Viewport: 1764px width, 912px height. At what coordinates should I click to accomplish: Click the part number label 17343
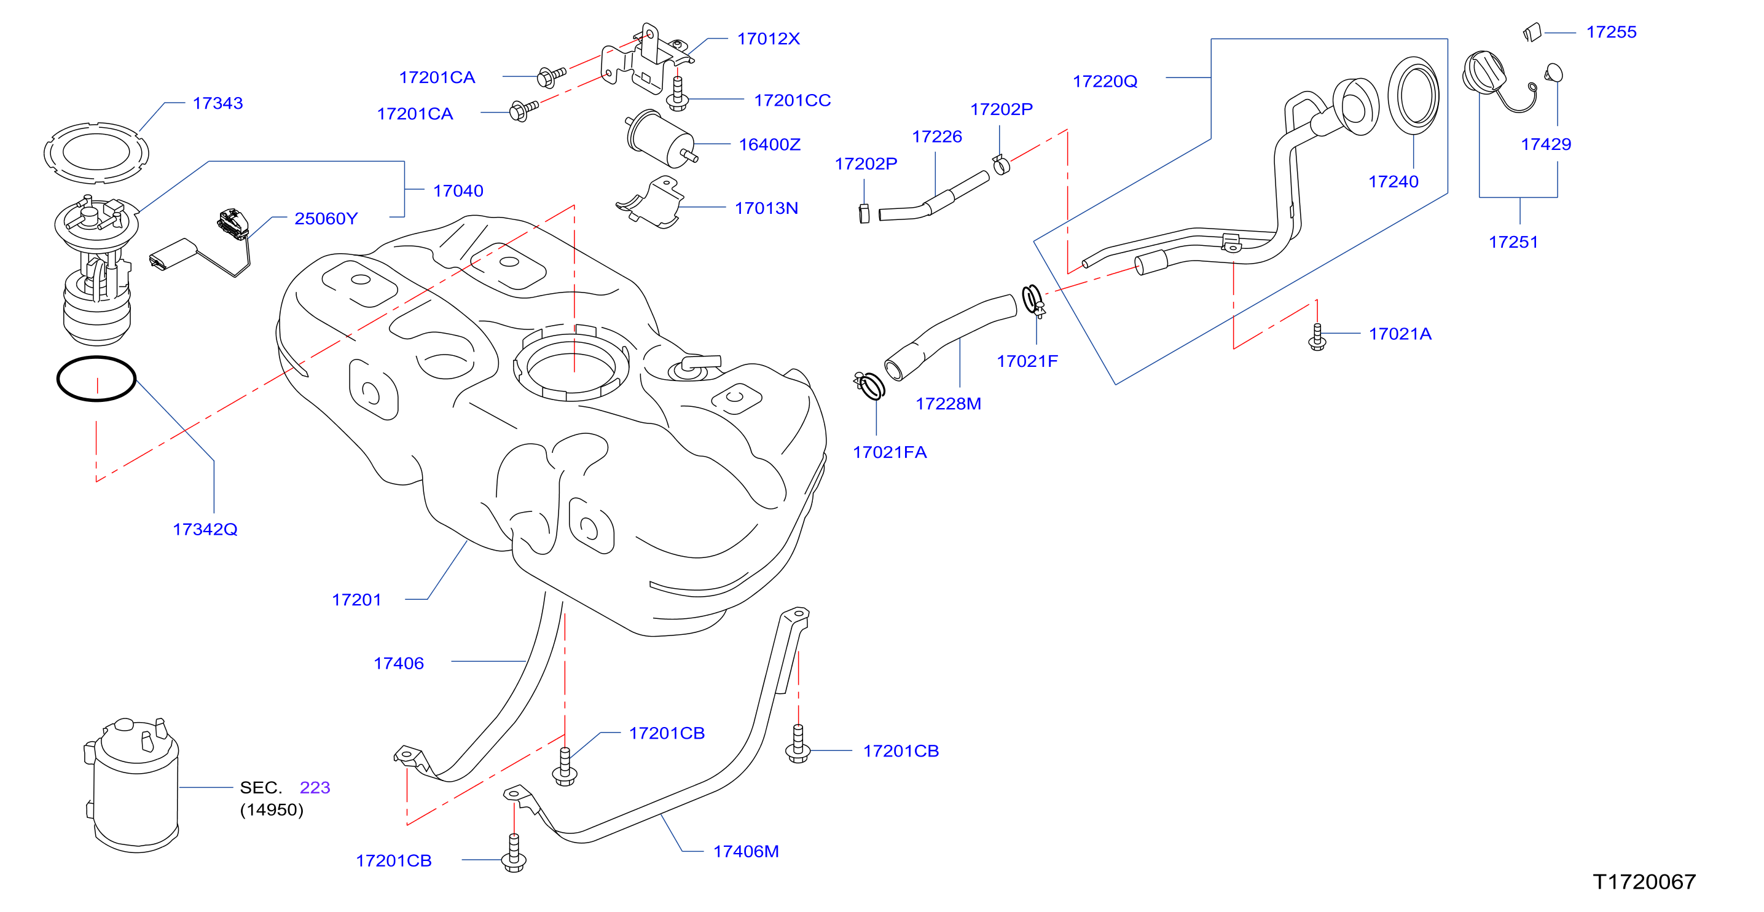click(218, 103)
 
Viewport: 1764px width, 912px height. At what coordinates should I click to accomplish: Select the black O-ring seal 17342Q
click(96, 358)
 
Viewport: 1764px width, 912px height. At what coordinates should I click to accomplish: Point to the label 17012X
click(768, 39)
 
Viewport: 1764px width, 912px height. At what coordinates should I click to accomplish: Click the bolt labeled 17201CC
click(677, 94)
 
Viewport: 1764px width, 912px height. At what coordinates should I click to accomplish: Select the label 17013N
click(766, 208)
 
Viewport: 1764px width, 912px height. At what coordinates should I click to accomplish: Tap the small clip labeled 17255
click(1532, 32)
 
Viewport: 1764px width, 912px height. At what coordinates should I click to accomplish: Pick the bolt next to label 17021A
click(1317, 337)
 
